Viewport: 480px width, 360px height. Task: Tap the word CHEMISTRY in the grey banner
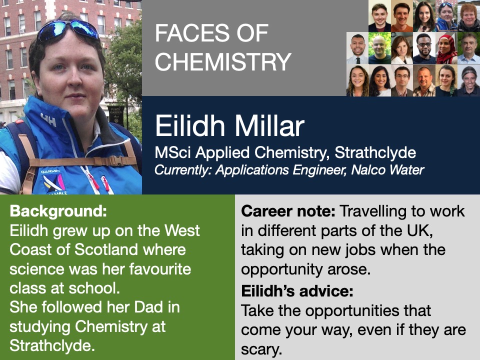[x=223, y=61]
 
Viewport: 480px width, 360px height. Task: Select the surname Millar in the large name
[x=269, y=126]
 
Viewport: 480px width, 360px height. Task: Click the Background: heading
[x=58, y=211]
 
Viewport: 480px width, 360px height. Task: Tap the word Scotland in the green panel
[x=106, y=249]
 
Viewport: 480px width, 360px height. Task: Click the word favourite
[x=160, y=269]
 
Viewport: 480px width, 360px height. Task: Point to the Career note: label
[x=288, y=211]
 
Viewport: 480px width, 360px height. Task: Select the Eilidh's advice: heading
[x=297, y=291]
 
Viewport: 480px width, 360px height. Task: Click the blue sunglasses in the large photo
[x=68, y=30]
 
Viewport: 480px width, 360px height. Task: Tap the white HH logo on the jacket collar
[x=48, y=120]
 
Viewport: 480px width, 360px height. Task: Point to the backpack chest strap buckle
[x=115, y=160]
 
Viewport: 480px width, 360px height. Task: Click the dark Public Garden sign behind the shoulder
[x=116, y=115]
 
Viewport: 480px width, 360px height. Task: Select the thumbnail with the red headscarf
[x=446, y=48]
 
